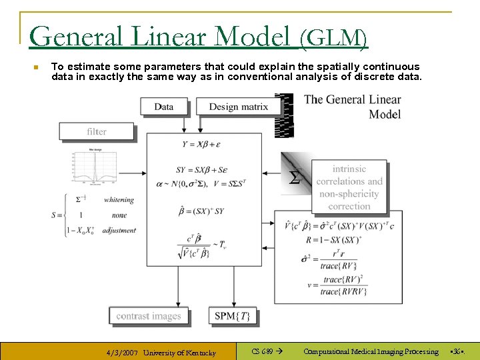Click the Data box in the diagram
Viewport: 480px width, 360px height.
tap(164, 107)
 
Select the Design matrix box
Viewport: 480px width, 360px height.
tap(238, 107)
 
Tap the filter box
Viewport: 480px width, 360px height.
tap(97, 131)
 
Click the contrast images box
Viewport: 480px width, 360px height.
tap(149, 316)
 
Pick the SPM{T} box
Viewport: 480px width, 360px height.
tap(233, 316)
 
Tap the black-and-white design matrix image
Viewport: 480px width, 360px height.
tap(285, 115)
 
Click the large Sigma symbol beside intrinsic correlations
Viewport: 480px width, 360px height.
tap(294, 177)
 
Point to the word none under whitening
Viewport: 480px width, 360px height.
tap(119, 215)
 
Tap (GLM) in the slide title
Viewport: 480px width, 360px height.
tap(333, 39)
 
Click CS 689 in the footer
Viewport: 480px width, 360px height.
tap(262, 351)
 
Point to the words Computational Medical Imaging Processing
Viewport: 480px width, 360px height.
tap(371, 351)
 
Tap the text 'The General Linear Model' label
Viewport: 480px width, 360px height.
tap(353, 107)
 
